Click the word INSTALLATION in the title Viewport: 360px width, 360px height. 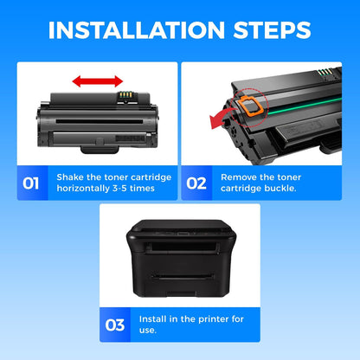pos(137,30)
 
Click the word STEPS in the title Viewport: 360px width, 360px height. pos(272,30)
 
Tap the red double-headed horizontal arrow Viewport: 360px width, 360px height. pos(98,81)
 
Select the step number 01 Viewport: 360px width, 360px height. pos(30,183)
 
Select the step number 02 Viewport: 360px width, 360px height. pos(196,183)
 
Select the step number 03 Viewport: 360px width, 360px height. pos(115,325)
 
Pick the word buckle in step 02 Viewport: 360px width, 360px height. pos(281,189)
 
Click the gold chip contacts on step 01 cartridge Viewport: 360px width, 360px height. pos(126,95)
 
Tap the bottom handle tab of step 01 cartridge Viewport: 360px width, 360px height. pos(100,150)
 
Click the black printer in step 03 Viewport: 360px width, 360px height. pos(181,258)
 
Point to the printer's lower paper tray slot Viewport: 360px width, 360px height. pos(183,277)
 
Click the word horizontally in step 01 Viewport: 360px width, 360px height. pos(83,189)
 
